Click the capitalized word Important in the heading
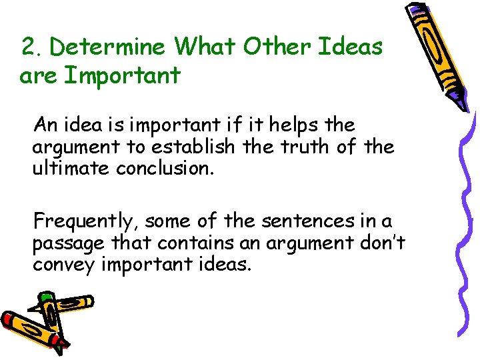tap(122, 76)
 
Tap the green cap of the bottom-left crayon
tap(45, 297)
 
